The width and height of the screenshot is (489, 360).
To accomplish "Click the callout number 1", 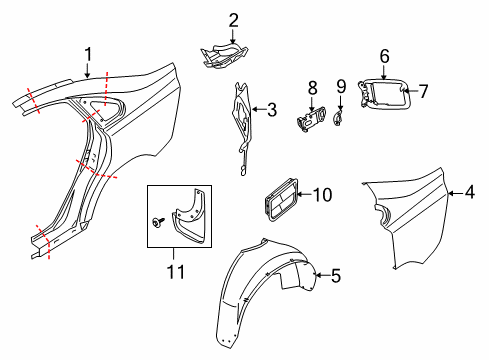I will pyautogui.click(x=87, y=54).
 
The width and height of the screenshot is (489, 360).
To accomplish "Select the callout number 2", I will pyautogui.click(x=233, y=19).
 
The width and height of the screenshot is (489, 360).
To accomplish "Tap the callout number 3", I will pyautogui.click(x=271, y=111).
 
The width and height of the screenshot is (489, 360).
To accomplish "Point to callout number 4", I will pyautogui.click(x=469, y=192).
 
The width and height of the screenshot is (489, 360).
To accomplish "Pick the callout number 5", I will pyautogui.click(x=336, y=273).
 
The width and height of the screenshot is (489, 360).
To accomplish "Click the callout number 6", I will pyautogui.click(x=384, y=56).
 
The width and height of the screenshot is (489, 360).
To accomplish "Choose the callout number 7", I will pyautogui.click(x=423, y=92).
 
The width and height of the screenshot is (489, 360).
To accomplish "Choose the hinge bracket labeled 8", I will pyautogui.click(x=311, y=119).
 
